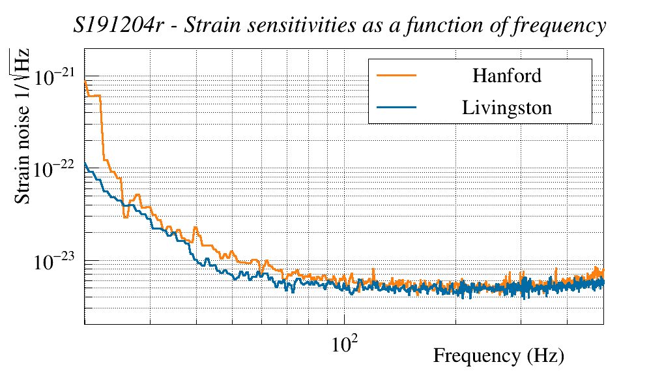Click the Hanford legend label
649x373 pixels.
507,76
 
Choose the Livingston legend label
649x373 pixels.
507,108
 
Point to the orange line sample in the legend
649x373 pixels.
396,75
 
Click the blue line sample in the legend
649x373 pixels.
396,107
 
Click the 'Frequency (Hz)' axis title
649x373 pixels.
498,356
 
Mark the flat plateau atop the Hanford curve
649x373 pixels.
94,96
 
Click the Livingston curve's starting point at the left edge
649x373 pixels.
85,163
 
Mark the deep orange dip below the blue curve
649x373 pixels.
125,216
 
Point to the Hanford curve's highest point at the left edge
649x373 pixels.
85,82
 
